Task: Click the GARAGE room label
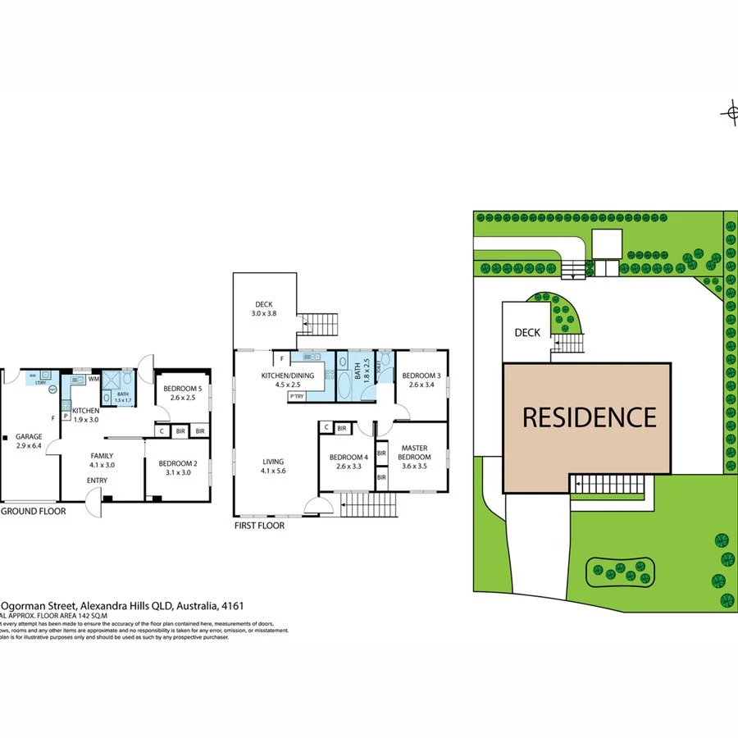(29, 436)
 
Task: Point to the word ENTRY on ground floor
(97, 481)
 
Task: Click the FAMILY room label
(102, 456)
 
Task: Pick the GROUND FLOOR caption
(34, 511)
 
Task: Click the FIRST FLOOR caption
(259, 526)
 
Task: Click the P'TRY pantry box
(297, 397)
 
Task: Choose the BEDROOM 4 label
(348, 458)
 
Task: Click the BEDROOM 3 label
(421, 376)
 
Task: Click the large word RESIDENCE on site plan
(590, 417)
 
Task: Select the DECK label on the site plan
(526, 333)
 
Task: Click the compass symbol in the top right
(730, 113)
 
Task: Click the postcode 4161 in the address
(233, 606)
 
